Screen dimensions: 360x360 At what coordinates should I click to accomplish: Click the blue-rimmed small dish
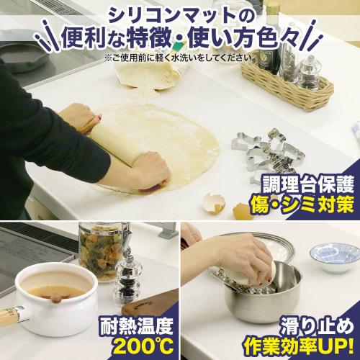click(334, 256)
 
